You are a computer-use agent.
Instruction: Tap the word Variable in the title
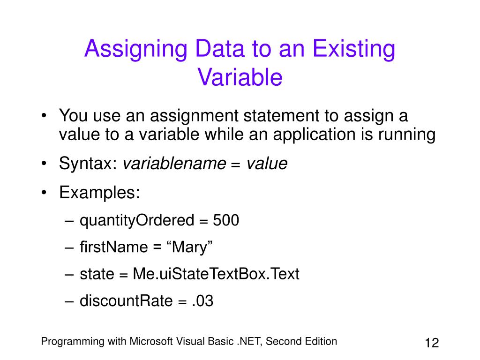click(x=240, y=77)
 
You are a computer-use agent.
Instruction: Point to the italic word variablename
click(x=174, y=164)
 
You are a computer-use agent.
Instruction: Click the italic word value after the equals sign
click(x=267, y=164)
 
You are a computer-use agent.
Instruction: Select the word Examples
click(x=99, y=193)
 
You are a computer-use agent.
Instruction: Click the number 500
click(x=226, y=220)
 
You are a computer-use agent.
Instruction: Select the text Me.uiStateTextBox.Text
click(x=216, y=274)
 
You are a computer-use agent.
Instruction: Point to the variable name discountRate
click(x=126, y=301)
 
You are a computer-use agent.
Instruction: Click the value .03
click(x=202, y=301)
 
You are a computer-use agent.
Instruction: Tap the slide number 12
click(x=431, y=343)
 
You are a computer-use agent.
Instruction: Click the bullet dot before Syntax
click(x=44, y=164)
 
